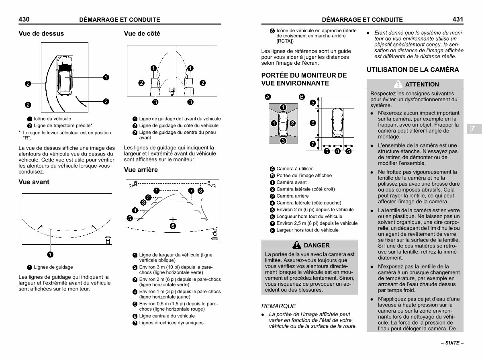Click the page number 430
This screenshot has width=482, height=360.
click(x=25, y=19)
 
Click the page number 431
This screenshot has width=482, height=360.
click(x=457, y=19)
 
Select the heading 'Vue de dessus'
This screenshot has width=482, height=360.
click(x=41, y=34)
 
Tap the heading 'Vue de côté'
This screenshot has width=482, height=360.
click(x=142, y=34)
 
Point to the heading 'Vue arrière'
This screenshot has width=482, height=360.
click(x=141, y=170)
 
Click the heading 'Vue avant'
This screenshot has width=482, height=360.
click(x=34, y=182)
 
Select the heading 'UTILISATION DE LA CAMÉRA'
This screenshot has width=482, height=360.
click(x=413, y=70)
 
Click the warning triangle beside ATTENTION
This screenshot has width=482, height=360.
click(x=398, y=84)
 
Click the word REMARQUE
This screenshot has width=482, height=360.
click(x=278, y=306)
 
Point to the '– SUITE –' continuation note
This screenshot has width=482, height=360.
click(x=452, y=344)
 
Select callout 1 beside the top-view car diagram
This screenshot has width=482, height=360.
click(x=106, y=77)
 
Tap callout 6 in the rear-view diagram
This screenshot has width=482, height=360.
click(x=173, y=226)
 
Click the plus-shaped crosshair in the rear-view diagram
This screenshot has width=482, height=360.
click(x=173, y=219)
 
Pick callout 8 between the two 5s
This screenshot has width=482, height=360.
click(x=338, y=151)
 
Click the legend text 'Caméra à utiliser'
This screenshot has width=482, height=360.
click(x=294, y=169)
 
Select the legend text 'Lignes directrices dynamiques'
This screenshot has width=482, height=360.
click(x=171, y=323)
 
